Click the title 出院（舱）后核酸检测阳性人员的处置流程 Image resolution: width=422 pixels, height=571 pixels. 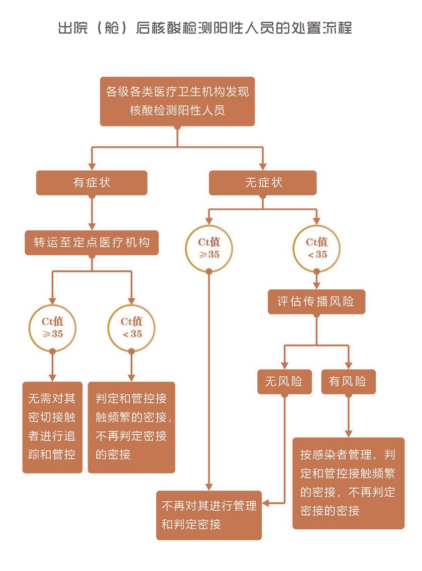point(205,28)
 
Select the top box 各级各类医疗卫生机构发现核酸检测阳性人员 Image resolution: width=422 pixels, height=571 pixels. point(177,101)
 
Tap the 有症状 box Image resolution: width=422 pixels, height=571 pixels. point(91,183)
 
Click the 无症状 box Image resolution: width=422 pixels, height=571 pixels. point(263,183)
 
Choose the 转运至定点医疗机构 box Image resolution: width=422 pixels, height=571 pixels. point(91,243)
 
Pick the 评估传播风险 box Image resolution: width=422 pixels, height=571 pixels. point(316,301)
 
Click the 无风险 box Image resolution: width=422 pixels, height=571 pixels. point(284,382)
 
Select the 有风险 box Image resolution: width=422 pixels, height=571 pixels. point(348,382)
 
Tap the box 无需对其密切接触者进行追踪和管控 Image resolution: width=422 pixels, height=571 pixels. point(52,427)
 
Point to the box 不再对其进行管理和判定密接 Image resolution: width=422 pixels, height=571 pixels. point(208,515)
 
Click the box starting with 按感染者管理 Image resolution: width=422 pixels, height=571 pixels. point(348,483)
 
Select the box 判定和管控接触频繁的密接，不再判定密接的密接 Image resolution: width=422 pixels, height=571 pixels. point(131,427)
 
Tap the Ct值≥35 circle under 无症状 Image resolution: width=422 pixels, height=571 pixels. point(208,248)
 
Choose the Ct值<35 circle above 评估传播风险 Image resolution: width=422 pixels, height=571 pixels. point(316,248)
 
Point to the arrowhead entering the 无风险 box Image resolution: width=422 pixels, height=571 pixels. point(284,366)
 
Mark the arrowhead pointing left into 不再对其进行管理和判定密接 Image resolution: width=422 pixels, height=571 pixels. point(267,502)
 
